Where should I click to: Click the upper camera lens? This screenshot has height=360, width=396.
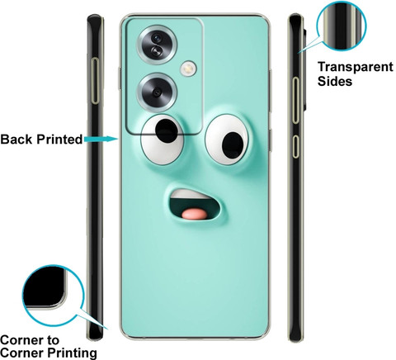coord(157,45)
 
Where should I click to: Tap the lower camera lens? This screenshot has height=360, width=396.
coord(157,92)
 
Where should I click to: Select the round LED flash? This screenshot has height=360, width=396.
coord(188,68)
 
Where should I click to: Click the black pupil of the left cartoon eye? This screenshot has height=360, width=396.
coord(166,130)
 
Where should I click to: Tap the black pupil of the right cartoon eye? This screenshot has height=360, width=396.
coord(233,145)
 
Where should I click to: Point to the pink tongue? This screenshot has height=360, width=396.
coord(196,214)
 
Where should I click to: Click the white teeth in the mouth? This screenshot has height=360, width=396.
coord(191,194)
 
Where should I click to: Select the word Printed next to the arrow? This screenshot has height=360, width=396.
coord(60,140)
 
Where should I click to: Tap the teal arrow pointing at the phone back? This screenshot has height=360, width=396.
coord(101,139)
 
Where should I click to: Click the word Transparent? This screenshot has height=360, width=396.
coord(356,68)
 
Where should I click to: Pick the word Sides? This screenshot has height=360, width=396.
coord(335,82)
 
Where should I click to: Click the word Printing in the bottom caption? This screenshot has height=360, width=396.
coord(73,353)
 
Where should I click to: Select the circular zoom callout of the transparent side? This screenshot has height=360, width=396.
coord(342,26)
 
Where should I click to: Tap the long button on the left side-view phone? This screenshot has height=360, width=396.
coord(96,81)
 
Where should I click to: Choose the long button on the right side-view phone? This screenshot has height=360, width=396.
coord(295,100)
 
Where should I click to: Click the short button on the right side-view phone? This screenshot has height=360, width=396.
coord(295,147)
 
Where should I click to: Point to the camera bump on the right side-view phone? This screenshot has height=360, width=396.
coord(304,69)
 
